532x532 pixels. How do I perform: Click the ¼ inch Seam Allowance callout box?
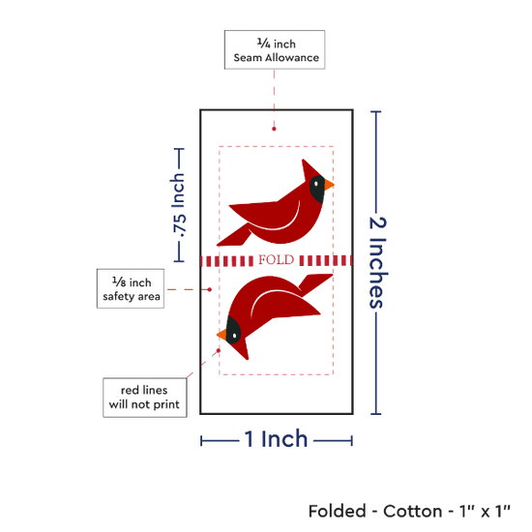pyautogui.click(x=275, y=50)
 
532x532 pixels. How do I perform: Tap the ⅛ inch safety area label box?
pyautogui.click(x=131, y=289)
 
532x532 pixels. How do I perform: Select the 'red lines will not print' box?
pyautogui.click(x=145, y=398)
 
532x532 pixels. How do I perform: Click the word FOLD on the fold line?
pyautogui.click(x=277, y=260)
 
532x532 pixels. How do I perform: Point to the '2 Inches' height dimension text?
pyautogui.click(x=377, y=262)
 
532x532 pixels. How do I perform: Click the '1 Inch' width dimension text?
pyautogui.click(x=276, y=439)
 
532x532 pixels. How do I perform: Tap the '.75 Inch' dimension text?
pyautogui.click(x=179, y=205)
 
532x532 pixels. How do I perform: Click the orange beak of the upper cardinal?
pyautogui.click(x=329, y=185)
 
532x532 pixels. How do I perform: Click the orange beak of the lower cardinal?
pyautogui.click(x=222, y=335)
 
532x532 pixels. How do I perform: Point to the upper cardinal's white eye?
pyautogui.click(x=316, y=184)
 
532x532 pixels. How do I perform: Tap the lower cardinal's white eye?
pyautogui.click(x=235, y=336)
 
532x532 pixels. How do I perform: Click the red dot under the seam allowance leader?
pyautogui.click(x=274, y=129)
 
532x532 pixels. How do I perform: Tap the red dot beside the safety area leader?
pyautogui.click(x=210, y=289)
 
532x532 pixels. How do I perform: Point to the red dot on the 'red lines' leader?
pyautogui.click(x=219, y=350)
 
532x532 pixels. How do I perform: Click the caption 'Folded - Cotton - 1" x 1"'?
pyautogui.click(x=409, y=511)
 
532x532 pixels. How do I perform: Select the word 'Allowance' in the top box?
pyautogui.click(x=292, y=58)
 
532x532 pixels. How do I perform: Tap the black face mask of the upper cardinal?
pyautogui.click(x=317, y=190)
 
